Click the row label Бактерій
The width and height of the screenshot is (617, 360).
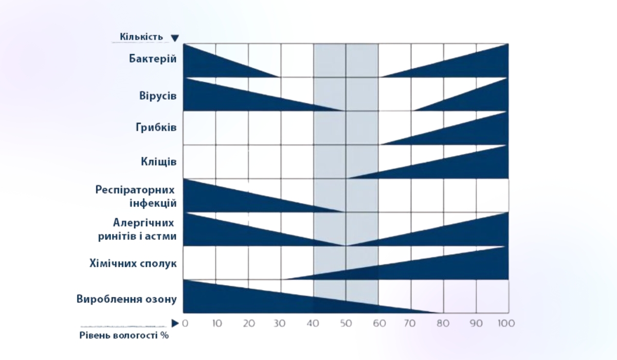click(x=153, y=58)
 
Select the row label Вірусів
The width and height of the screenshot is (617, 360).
click(x=158, y=96)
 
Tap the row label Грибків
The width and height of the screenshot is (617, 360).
click(x=156, y=128)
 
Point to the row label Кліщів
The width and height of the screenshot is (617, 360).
click(x=159, y=161)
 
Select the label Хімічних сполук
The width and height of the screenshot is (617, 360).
click(x=133, y=263)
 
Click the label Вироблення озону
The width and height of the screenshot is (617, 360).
click(x=127, y=299)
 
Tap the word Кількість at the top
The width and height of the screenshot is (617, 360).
click(x=141, y=37)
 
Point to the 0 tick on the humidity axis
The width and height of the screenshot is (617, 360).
click(x=186, y=323)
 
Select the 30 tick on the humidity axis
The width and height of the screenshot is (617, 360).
click(x=281, y=323)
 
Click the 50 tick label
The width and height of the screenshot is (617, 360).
click(x=346, y=323)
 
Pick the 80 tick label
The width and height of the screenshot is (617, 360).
click(x=443, y=323)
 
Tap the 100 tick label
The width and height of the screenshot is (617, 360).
click(x=506, y=323)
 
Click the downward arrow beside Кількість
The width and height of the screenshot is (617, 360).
click(x=175, y=38)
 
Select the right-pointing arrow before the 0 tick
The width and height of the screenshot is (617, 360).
click(x=175, y=323)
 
